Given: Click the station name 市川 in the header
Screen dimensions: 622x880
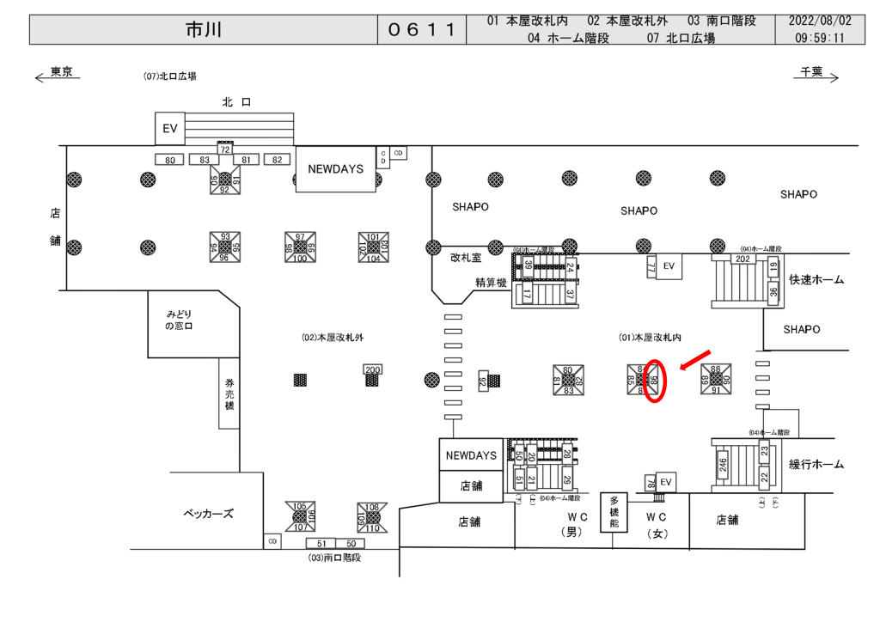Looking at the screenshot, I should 204,30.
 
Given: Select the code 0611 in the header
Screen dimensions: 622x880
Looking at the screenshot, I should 421,30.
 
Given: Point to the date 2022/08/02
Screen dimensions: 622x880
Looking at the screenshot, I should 820,21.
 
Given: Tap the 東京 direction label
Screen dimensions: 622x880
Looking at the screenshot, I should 61,72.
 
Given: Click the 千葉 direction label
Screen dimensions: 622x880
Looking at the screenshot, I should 811,72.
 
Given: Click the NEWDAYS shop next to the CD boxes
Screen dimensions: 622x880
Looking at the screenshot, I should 335,169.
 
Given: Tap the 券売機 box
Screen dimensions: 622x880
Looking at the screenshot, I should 229,393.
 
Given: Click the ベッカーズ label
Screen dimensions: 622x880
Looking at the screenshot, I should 208,514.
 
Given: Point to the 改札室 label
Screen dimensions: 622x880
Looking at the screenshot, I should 466,257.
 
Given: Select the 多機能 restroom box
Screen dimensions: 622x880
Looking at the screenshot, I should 614,512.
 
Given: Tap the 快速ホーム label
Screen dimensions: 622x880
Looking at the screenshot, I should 816,280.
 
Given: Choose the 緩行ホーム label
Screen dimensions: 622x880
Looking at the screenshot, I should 816,465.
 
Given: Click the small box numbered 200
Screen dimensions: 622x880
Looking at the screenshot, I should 372,369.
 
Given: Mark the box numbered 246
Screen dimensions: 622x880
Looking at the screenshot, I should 724,466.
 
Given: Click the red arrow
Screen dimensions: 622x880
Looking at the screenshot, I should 695,360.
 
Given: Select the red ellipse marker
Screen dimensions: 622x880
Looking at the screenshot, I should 655,381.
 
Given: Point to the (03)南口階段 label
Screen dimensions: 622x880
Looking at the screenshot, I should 334,558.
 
